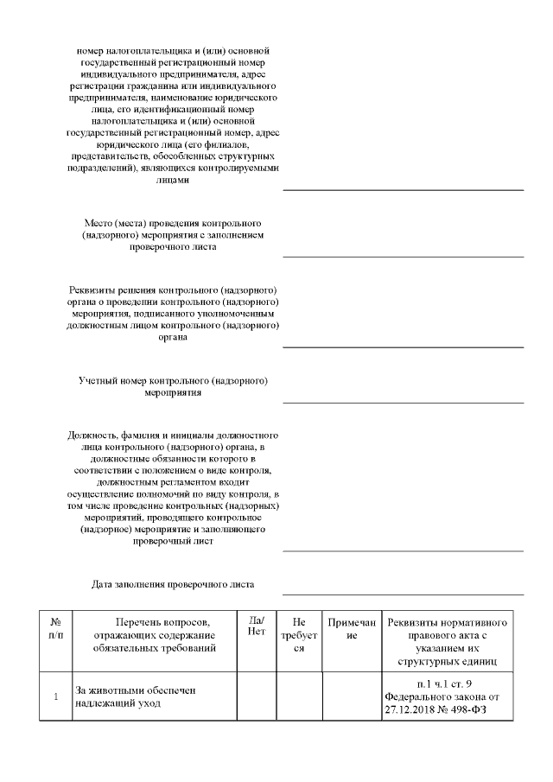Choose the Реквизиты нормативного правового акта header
(x=447, y=641)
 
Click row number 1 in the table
(x=56, y=697)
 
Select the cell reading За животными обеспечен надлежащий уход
(x=156, y=697)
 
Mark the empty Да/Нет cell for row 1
(x=257, y=697)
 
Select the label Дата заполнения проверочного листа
(x=173, y=584)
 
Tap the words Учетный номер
(x=113, y=380)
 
